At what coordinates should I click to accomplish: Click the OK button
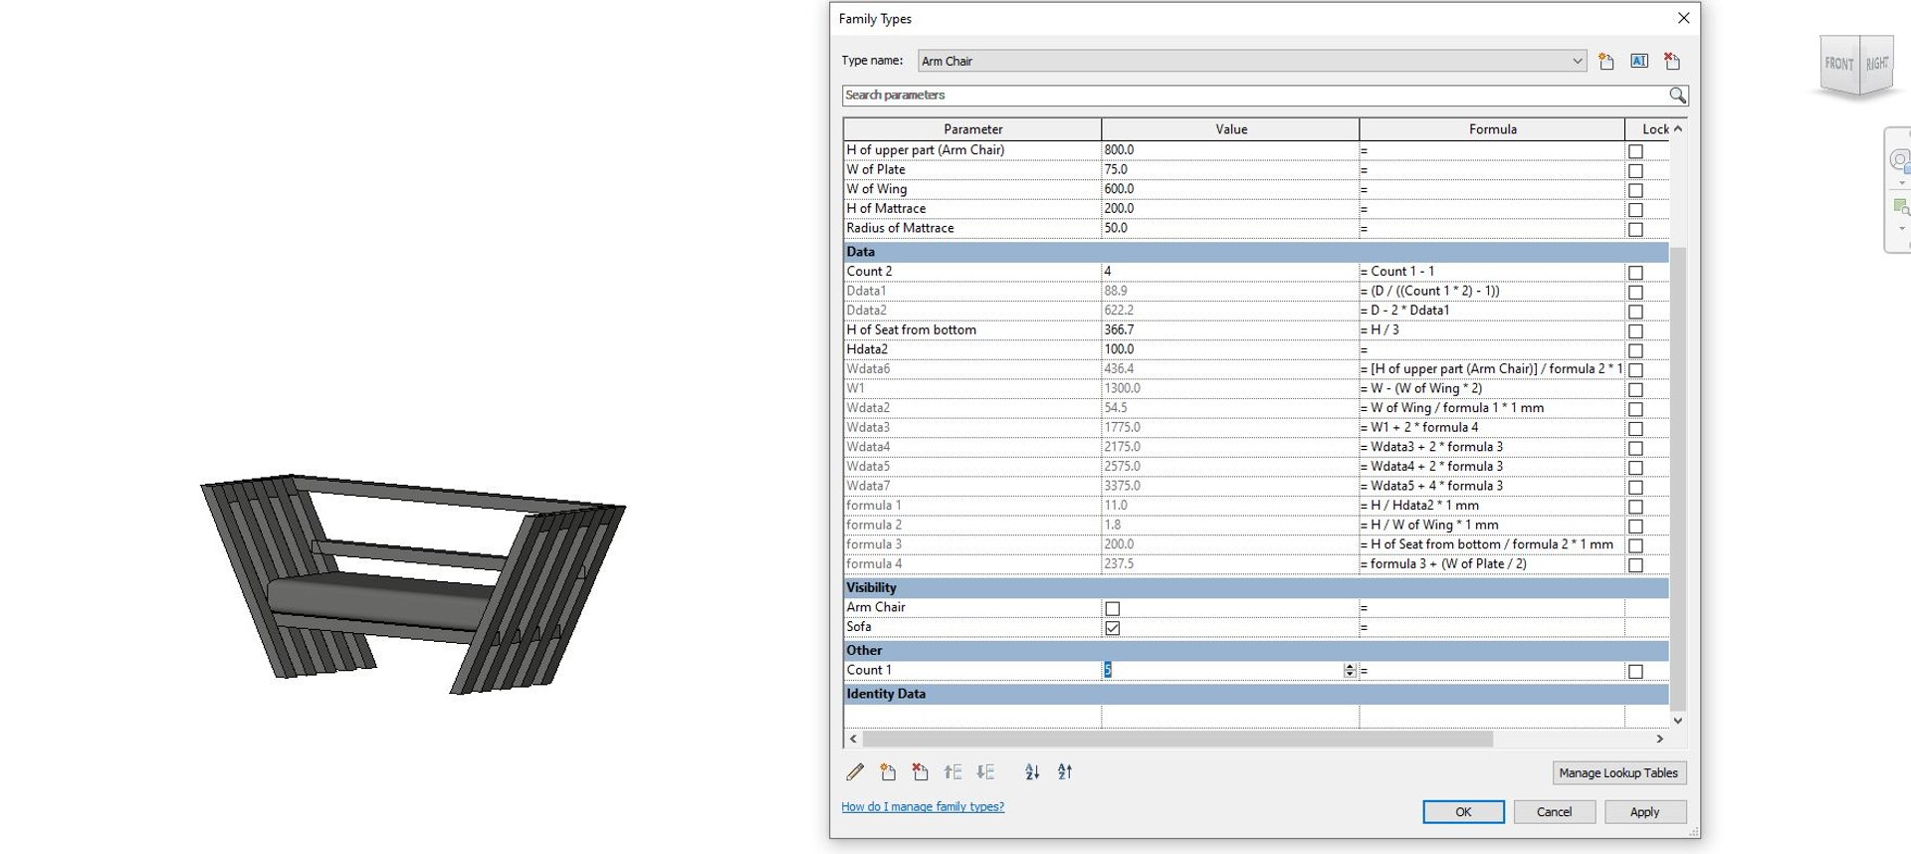1462,812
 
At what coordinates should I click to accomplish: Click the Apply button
1643,812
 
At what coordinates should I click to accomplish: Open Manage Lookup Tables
1617,773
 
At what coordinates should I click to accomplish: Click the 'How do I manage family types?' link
922,807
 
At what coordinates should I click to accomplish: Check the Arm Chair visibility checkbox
1112,608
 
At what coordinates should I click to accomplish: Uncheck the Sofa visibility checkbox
1112,628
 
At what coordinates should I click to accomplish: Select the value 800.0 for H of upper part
1119,150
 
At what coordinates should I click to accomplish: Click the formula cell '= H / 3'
1384,330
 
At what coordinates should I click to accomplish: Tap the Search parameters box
1254,96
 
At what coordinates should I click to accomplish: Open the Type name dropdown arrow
1577,62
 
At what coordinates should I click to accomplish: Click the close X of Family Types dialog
1683,18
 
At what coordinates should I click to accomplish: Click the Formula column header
1491,129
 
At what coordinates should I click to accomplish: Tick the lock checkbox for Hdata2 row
1634,350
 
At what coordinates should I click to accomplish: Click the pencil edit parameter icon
855,772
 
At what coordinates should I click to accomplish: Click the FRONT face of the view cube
1838,64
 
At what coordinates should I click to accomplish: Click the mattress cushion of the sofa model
378,595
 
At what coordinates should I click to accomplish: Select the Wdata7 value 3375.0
1122,487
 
